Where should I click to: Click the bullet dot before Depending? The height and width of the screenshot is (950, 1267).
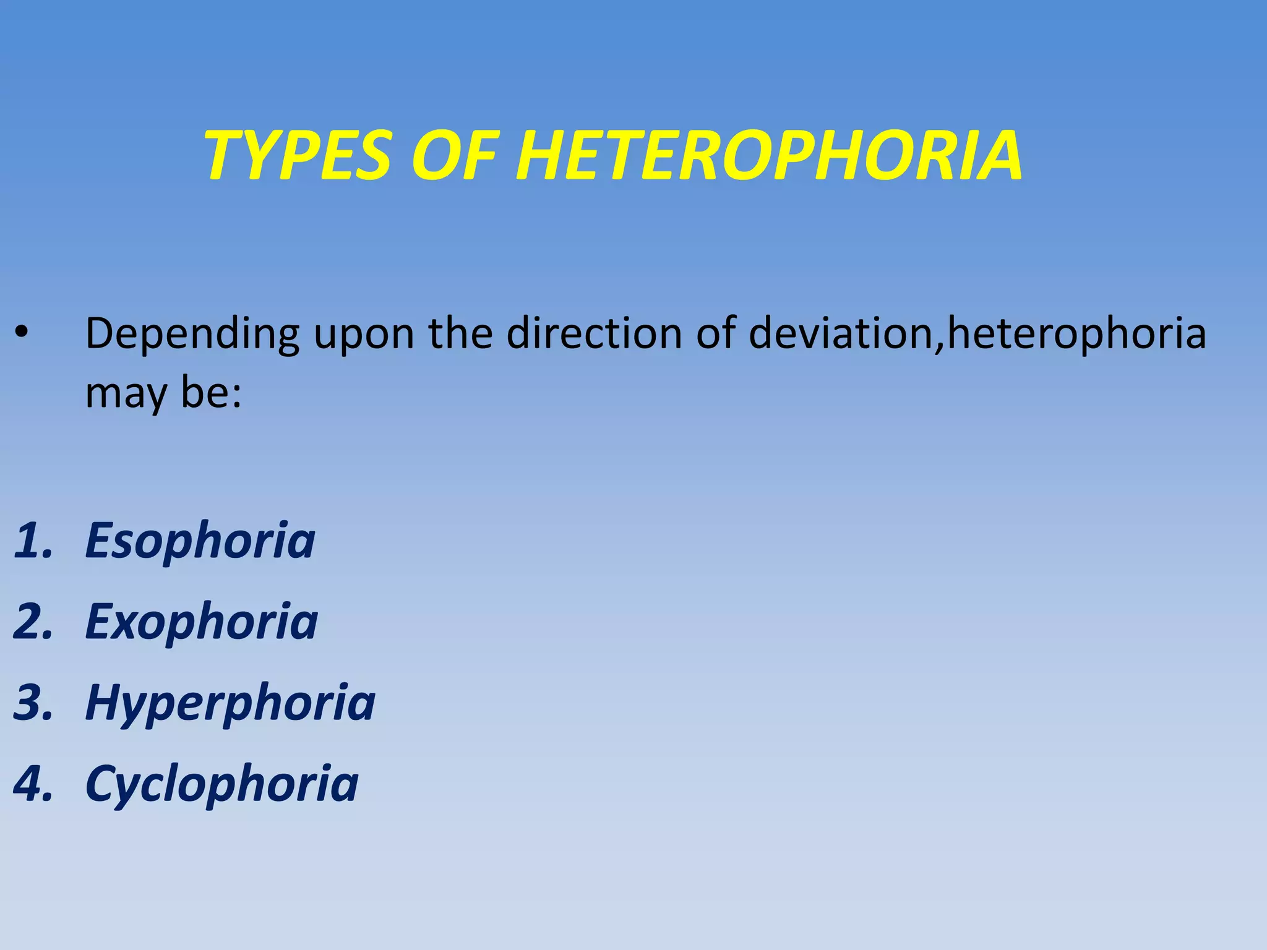tap(22, 333)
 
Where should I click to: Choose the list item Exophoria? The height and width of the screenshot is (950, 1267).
tap(202, 622)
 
